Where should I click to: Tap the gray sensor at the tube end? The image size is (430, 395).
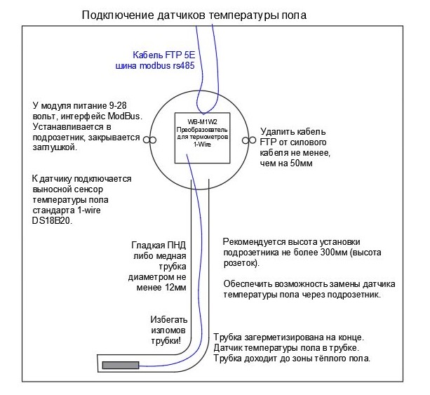[123, 366]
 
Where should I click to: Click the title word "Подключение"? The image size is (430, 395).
[116, 15]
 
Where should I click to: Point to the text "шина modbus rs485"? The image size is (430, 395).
[154, 67]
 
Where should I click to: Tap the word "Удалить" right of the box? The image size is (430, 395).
[276, 131]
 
